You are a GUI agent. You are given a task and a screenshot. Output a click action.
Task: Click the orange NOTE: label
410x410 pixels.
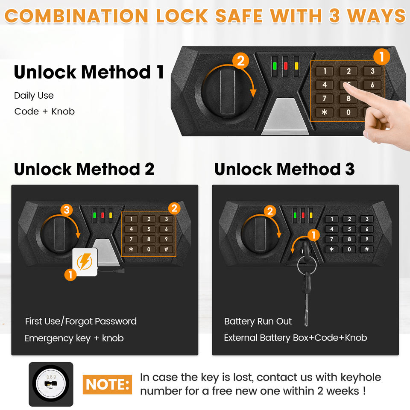click(107, 384)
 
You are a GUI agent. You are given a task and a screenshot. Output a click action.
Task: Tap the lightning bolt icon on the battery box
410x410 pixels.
click(84, 261)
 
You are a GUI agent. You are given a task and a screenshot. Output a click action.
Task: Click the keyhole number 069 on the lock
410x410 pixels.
click(51, 377)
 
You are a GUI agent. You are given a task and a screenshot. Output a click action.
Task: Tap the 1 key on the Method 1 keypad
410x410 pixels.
click(325, 71)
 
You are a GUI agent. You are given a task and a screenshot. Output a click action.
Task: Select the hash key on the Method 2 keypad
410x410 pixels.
click(166, 249)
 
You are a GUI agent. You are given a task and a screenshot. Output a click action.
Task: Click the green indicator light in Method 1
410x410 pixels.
click(275, 66)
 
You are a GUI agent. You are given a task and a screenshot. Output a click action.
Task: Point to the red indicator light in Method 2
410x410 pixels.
click(102, 215)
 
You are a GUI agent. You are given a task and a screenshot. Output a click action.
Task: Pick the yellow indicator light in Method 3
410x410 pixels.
click(311, 215)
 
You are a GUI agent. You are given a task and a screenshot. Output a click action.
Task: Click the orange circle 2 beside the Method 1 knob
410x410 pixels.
click(240, 61)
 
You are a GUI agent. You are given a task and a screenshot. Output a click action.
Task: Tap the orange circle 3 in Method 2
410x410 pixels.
click(67, 210)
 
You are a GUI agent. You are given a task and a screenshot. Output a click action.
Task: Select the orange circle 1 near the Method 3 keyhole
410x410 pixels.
click(313, 235)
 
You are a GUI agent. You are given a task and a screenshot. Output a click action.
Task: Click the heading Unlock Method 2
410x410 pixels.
click(84, 169)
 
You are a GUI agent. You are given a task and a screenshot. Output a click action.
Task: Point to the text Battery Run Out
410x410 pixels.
click(258, 321)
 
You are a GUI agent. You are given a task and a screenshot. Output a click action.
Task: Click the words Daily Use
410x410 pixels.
click(34, 96)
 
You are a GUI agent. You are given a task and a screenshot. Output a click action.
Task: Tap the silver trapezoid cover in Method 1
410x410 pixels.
click(285, 116)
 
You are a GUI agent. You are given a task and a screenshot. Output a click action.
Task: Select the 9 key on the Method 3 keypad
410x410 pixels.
click(367, 239)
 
